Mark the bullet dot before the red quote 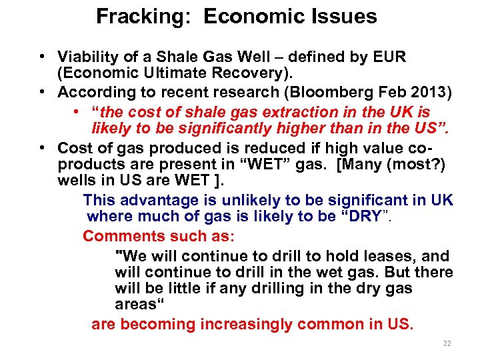point(77,111)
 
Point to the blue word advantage point(157,200)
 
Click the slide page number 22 point(447,344)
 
